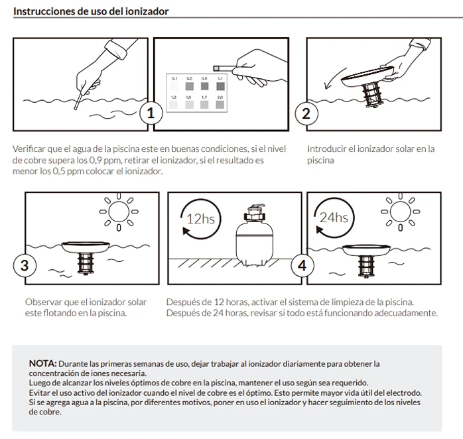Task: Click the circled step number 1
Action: pyautogui.click(x=151, y=113)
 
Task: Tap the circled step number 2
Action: pyautogui.click(x=306, y=113)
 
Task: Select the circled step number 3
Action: pyautogui.click(x=25, y=266)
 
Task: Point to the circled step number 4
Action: pyautogui.click(x=303, y=266)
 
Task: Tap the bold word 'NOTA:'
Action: pyautogui.click(x=42, y=364)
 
